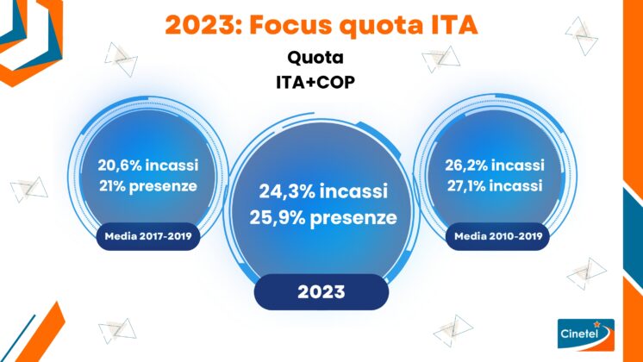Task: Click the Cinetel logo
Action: point(586,334)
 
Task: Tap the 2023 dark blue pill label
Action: point(321,292)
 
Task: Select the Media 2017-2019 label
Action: point(148,236)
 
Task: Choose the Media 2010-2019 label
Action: point(498,236)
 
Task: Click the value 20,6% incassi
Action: point(148,165)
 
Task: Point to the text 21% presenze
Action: point(148,186)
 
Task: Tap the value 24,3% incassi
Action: point(323,191)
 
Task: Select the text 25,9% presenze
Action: point(323,218)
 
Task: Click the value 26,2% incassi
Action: point(495,165)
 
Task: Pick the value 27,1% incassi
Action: point(495,186)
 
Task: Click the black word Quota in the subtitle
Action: point(315,58)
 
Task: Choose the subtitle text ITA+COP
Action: point(315,83)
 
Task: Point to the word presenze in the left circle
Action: point(163,187)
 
